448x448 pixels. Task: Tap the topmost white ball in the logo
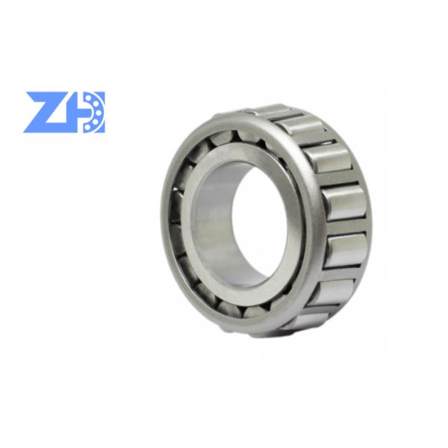click(91, 99)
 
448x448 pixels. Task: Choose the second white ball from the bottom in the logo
click(97, 121)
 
